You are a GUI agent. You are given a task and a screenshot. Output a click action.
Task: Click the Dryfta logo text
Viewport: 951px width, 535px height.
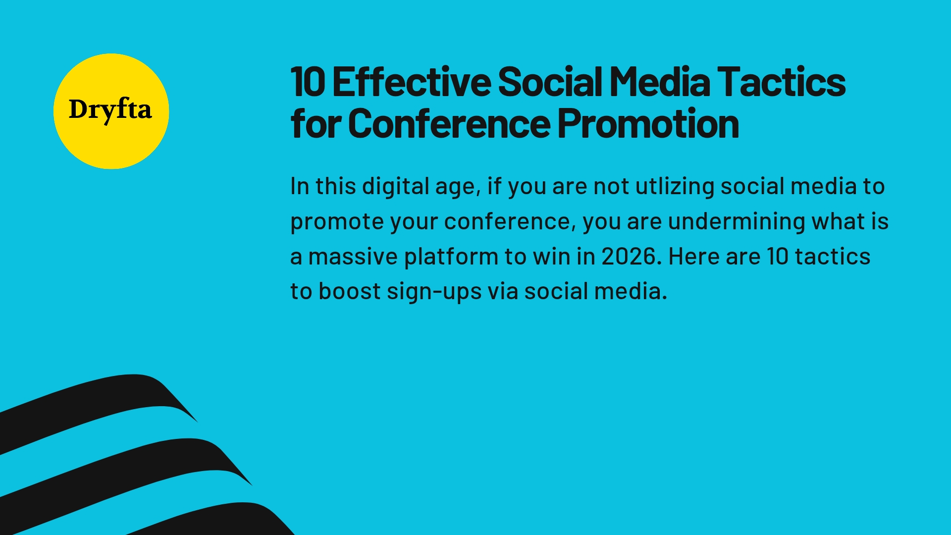[x=110, y=110]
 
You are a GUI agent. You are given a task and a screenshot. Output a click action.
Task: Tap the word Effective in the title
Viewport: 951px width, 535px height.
[x=411, y=82]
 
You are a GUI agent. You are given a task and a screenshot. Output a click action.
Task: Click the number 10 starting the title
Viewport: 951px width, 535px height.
[x=307, y=82]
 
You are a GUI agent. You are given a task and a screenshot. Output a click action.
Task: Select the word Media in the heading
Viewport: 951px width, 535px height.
[x=659, y=82]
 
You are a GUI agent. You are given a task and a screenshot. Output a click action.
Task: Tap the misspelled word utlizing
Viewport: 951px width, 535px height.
[x=674, y=187]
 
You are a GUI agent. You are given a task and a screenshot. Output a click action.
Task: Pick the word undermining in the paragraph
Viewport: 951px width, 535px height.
[x=736, y=221]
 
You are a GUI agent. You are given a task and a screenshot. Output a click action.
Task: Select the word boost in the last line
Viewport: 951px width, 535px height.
[x=349, y=292]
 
